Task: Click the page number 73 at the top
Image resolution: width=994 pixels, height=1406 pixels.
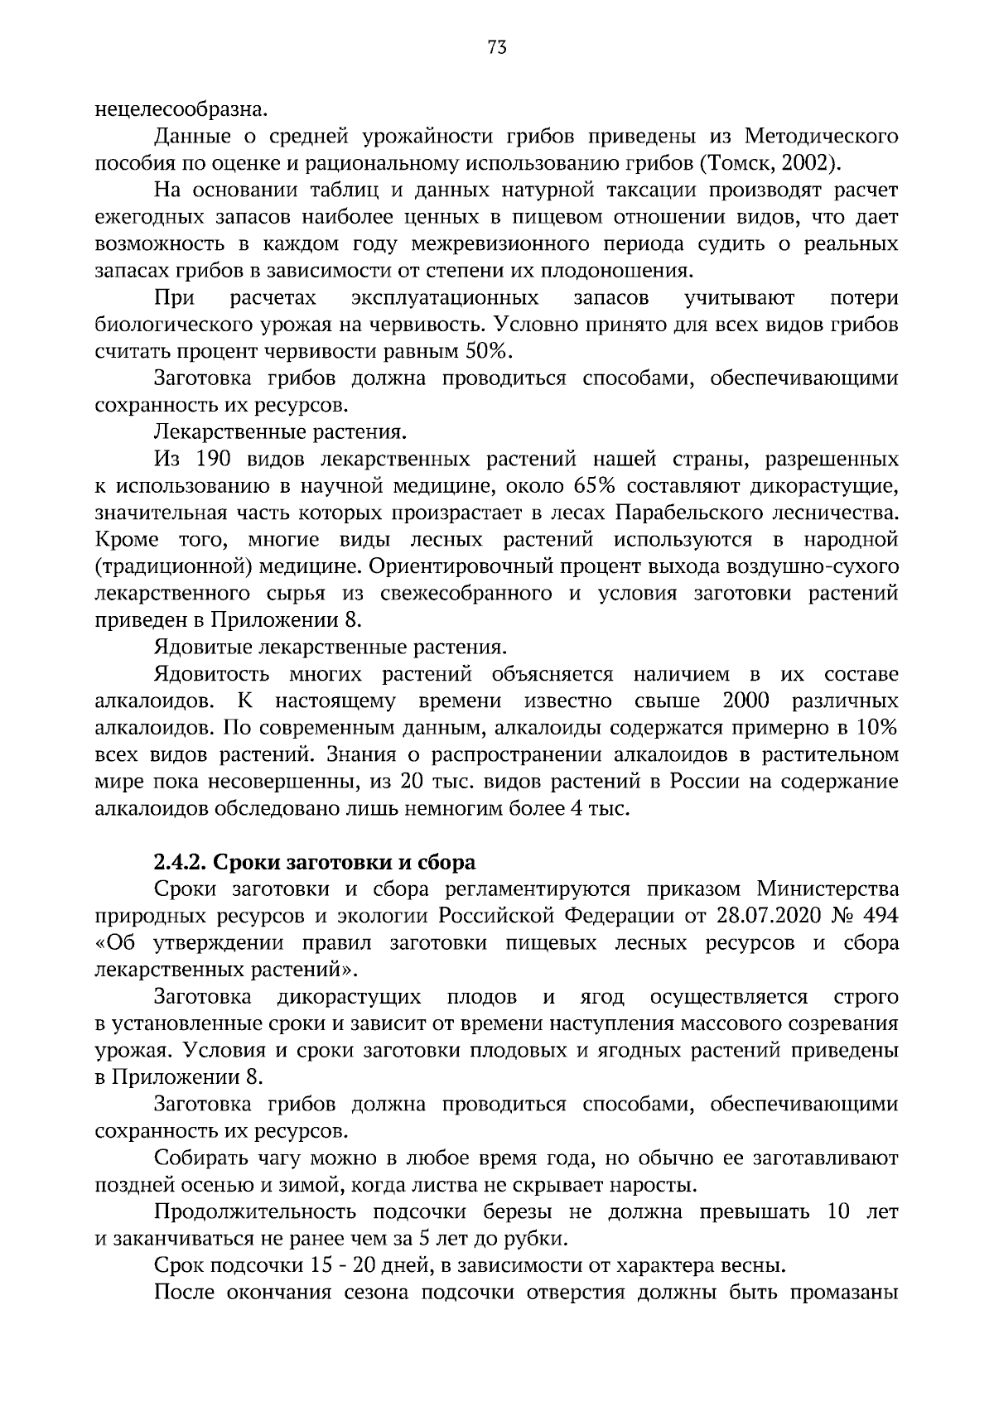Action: [x=497, y=48]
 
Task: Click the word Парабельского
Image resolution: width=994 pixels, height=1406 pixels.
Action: [x=688, y=513]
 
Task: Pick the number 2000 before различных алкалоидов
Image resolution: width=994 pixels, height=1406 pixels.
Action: [x=746, y=701]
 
